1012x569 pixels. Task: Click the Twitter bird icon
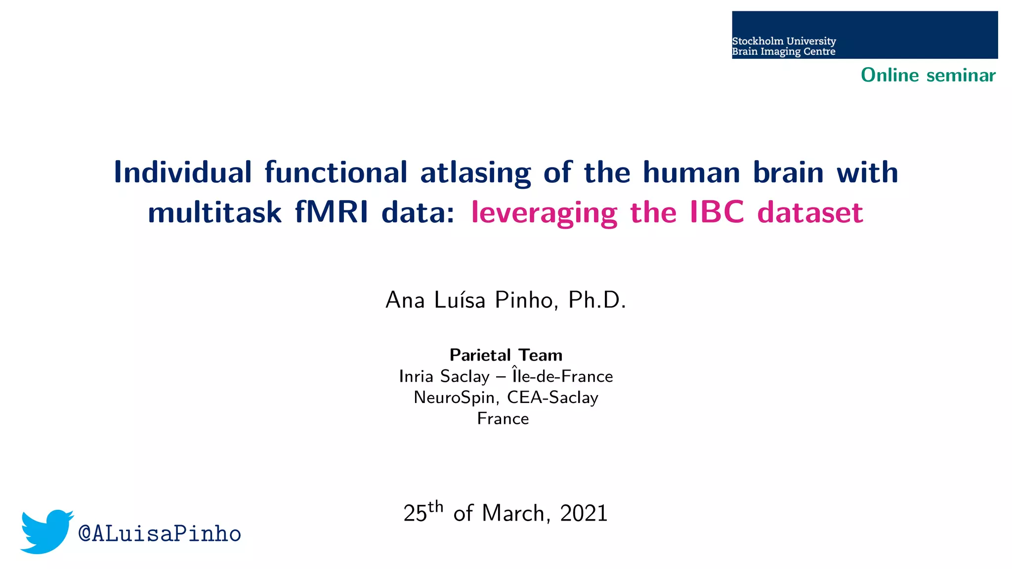pyautogui.click(x=46, y=531)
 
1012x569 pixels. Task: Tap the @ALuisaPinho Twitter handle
pyautogui.click(x=160, y=534)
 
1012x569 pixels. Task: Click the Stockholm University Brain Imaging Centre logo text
pyautogui.click(x=784, y=46)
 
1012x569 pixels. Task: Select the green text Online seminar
pyautogui.click(x=928, y=75)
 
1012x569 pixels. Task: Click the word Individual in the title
pyautogui.click(x=183, y=172)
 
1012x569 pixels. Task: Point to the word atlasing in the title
pyautogui.click(x=475, y=172)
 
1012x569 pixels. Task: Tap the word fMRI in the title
pyautogui.click(x=332, y=212)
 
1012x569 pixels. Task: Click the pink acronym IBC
pyautogui.click(x=717, y=212)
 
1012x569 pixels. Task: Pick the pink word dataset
pyautogui.click(x=810, y=212)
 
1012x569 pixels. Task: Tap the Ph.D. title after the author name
pyautogui.click(x=597, y=300)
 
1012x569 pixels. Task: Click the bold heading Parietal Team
pyautogui.click(x=506, y=355)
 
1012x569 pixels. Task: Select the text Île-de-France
pyautogui.click(x=562, y=376)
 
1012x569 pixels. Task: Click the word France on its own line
pyautogui.click(x=503, y=419)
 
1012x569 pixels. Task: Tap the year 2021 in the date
pyautogui.click(x=584, y=513)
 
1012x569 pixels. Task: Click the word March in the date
pyautogui.click(x=514, y=513)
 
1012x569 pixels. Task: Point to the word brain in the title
pyautogui.click(x=788, y=172)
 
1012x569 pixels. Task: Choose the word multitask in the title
pyautogui.click(x=214, y=212)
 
